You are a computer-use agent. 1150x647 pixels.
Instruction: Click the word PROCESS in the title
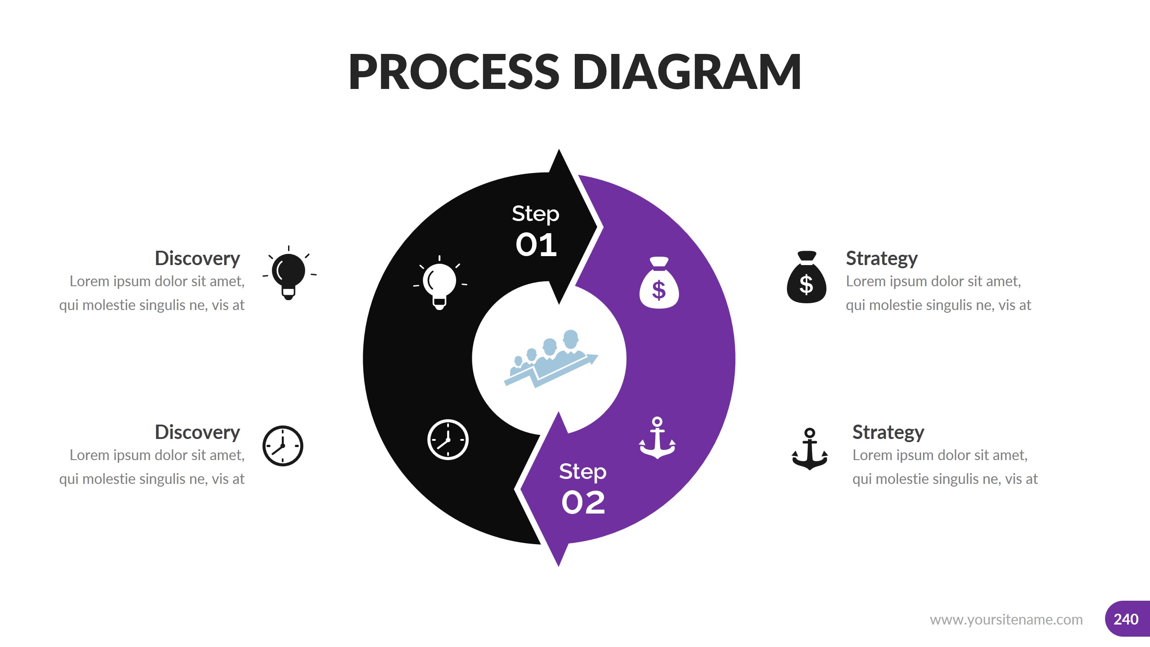coord(453,72)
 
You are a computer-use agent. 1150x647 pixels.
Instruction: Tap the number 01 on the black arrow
coord(536,245)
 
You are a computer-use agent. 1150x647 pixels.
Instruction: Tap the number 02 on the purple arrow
coord(583,502)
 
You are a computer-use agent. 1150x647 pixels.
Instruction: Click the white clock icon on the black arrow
coord(448,440)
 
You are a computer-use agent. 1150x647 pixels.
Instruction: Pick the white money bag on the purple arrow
coord(659,283)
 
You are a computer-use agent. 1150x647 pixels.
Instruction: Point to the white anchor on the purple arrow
coord(657,438)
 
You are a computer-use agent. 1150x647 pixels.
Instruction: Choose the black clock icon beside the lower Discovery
coord(283,446)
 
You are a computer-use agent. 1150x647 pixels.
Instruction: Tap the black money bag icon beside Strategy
coord(806,277)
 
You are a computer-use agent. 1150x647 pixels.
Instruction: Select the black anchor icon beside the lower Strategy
coord(809,449)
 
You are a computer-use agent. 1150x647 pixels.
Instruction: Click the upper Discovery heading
coord(197,258)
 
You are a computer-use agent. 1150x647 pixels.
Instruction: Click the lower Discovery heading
coord(197,432)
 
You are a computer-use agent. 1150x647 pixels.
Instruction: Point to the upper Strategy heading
coord(881,258)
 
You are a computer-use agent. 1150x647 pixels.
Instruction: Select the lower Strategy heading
coord(888,432)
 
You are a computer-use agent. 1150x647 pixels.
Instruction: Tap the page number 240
coord(1126,619)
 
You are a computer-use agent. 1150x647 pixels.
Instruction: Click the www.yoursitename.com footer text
coord(1006,620)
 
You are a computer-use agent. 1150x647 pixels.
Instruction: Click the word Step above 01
coord(535,214)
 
